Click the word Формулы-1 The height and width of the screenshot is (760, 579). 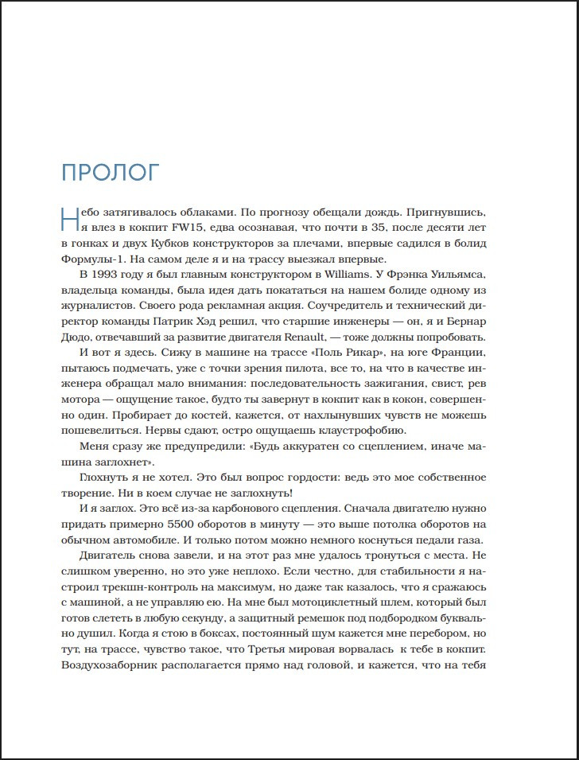tap(91, 260)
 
